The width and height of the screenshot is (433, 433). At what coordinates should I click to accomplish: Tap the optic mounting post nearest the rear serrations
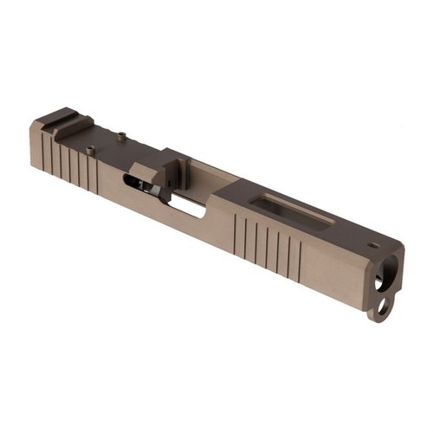click(91, 150)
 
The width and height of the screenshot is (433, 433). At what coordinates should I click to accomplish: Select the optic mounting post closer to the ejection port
click(122, 134)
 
